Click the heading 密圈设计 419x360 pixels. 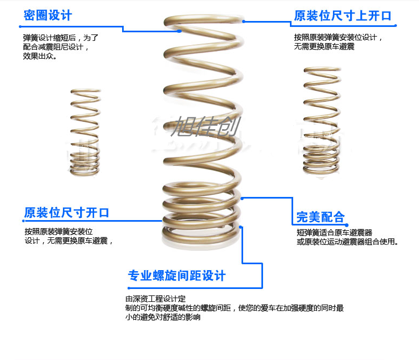47,15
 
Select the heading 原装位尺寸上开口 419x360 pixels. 343,16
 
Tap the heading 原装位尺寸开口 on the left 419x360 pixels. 67,213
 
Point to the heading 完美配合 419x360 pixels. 320,217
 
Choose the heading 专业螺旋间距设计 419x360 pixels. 176,276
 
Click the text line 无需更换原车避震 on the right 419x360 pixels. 324,47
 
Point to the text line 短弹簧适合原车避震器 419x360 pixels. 334,233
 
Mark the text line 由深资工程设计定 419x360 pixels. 155,299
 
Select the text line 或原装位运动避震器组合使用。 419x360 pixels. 347,242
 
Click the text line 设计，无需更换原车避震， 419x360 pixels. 69,241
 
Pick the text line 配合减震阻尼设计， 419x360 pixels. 56,47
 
